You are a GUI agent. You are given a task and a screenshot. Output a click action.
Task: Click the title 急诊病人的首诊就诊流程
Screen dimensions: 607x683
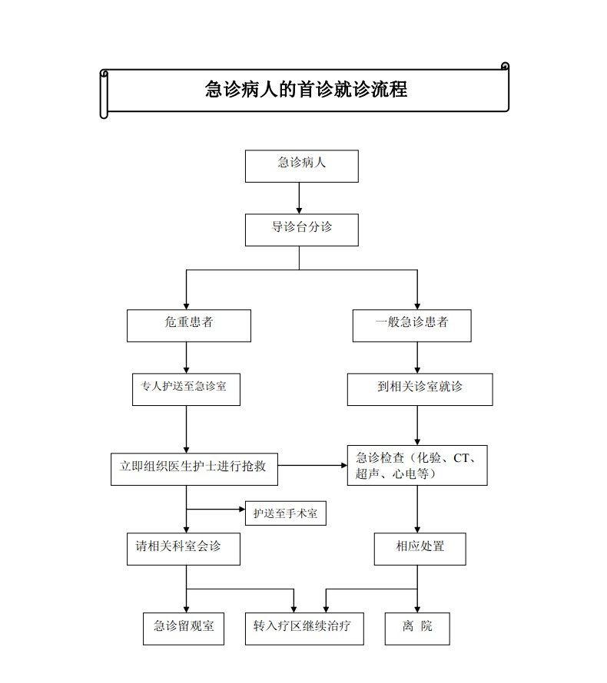tap(306, 89)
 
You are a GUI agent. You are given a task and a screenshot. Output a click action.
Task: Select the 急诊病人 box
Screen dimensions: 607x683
tap(302, 166)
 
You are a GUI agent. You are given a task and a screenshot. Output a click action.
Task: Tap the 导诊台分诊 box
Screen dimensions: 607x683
tap(302, 229)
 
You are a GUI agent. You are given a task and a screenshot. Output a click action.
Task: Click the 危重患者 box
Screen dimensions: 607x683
tap(189, 325)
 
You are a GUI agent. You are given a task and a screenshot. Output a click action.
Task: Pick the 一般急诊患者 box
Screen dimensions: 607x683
tap(412, 325)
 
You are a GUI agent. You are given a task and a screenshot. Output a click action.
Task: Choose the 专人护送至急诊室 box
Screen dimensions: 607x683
tap(186, 389)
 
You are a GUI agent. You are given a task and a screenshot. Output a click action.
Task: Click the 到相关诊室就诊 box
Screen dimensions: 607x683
tap(420, 389)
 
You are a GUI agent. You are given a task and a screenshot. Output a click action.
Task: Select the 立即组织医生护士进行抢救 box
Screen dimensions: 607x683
tap(194, 469)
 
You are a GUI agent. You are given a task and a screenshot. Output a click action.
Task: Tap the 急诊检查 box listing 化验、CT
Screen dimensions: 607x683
tap(417, 465)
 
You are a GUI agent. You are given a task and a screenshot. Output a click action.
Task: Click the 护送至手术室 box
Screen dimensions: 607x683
tap(286, 513)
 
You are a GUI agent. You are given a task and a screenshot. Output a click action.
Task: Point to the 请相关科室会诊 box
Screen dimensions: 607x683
tap(184, 549)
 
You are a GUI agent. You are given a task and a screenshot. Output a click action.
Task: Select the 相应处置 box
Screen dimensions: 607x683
tap(420, 549)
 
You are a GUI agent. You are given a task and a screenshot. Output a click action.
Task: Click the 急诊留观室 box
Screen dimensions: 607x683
tap(184, 629)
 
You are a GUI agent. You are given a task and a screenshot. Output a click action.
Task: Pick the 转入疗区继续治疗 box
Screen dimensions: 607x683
tap(304, 629)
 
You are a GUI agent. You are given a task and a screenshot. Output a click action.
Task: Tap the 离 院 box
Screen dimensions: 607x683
tap(417, 629)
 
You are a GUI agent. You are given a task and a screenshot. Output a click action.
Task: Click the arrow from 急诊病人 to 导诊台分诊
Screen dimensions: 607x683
tap(299, 198)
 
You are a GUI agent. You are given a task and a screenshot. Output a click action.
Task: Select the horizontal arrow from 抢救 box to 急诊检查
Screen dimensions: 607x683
tap(313, 465)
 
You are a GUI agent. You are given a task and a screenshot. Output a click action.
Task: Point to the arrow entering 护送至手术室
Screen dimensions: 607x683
tap(215, 510)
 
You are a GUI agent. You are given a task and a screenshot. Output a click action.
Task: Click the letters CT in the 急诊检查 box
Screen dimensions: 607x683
tap(461, 458)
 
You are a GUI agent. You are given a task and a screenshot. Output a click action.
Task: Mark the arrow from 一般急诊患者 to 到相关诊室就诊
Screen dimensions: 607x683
tap(417, 357)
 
